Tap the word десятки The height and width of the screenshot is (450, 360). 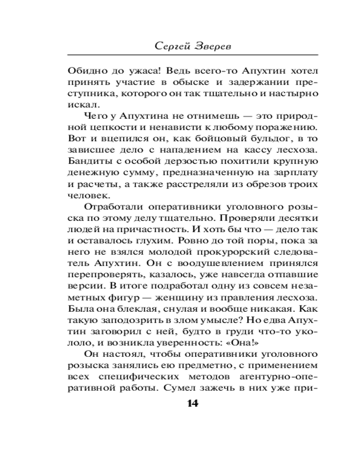coord(298,218)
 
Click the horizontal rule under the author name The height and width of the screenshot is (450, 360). coord(192,55)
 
